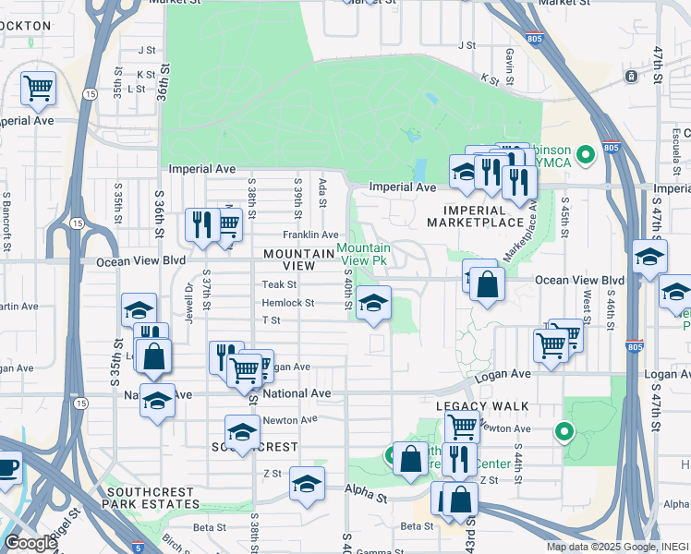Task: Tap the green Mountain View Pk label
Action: tap(363, 254)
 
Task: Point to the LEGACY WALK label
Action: tap(482, 406)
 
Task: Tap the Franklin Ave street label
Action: tap(310, 235)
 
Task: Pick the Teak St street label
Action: tap(278, 285)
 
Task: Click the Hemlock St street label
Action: tap(288, 303)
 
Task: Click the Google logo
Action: tap(30, 543)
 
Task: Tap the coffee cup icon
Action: tap(6, 466)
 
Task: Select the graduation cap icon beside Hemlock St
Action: tap(372, 303)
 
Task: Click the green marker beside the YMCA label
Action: tap(585, 153)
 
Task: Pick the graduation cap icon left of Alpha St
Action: tap(307, 484)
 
